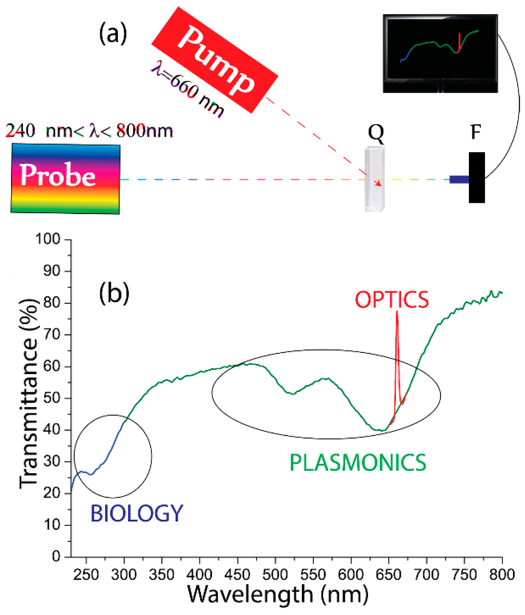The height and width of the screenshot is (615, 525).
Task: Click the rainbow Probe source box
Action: point(65,178)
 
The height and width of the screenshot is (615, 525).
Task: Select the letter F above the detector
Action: point(476,132)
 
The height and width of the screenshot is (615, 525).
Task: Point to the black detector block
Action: point(477,178)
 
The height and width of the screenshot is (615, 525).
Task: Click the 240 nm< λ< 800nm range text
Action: point(89,131)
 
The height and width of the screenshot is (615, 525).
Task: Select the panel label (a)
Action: point(113,34)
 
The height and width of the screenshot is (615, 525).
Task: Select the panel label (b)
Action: point(114,293)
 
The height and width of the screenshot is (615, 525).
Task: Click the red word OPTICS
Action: point(391,300)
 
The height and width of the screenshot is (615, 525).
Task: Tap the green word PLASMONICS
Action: point(358,463)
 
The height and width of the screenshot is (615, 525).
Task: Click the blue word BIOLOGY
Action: point(136,514)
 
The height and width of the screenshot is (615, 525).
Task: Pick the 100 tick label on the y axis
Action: point(48,239)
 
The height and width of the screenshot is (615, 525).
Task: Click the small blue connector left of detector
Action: point(459,179)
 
